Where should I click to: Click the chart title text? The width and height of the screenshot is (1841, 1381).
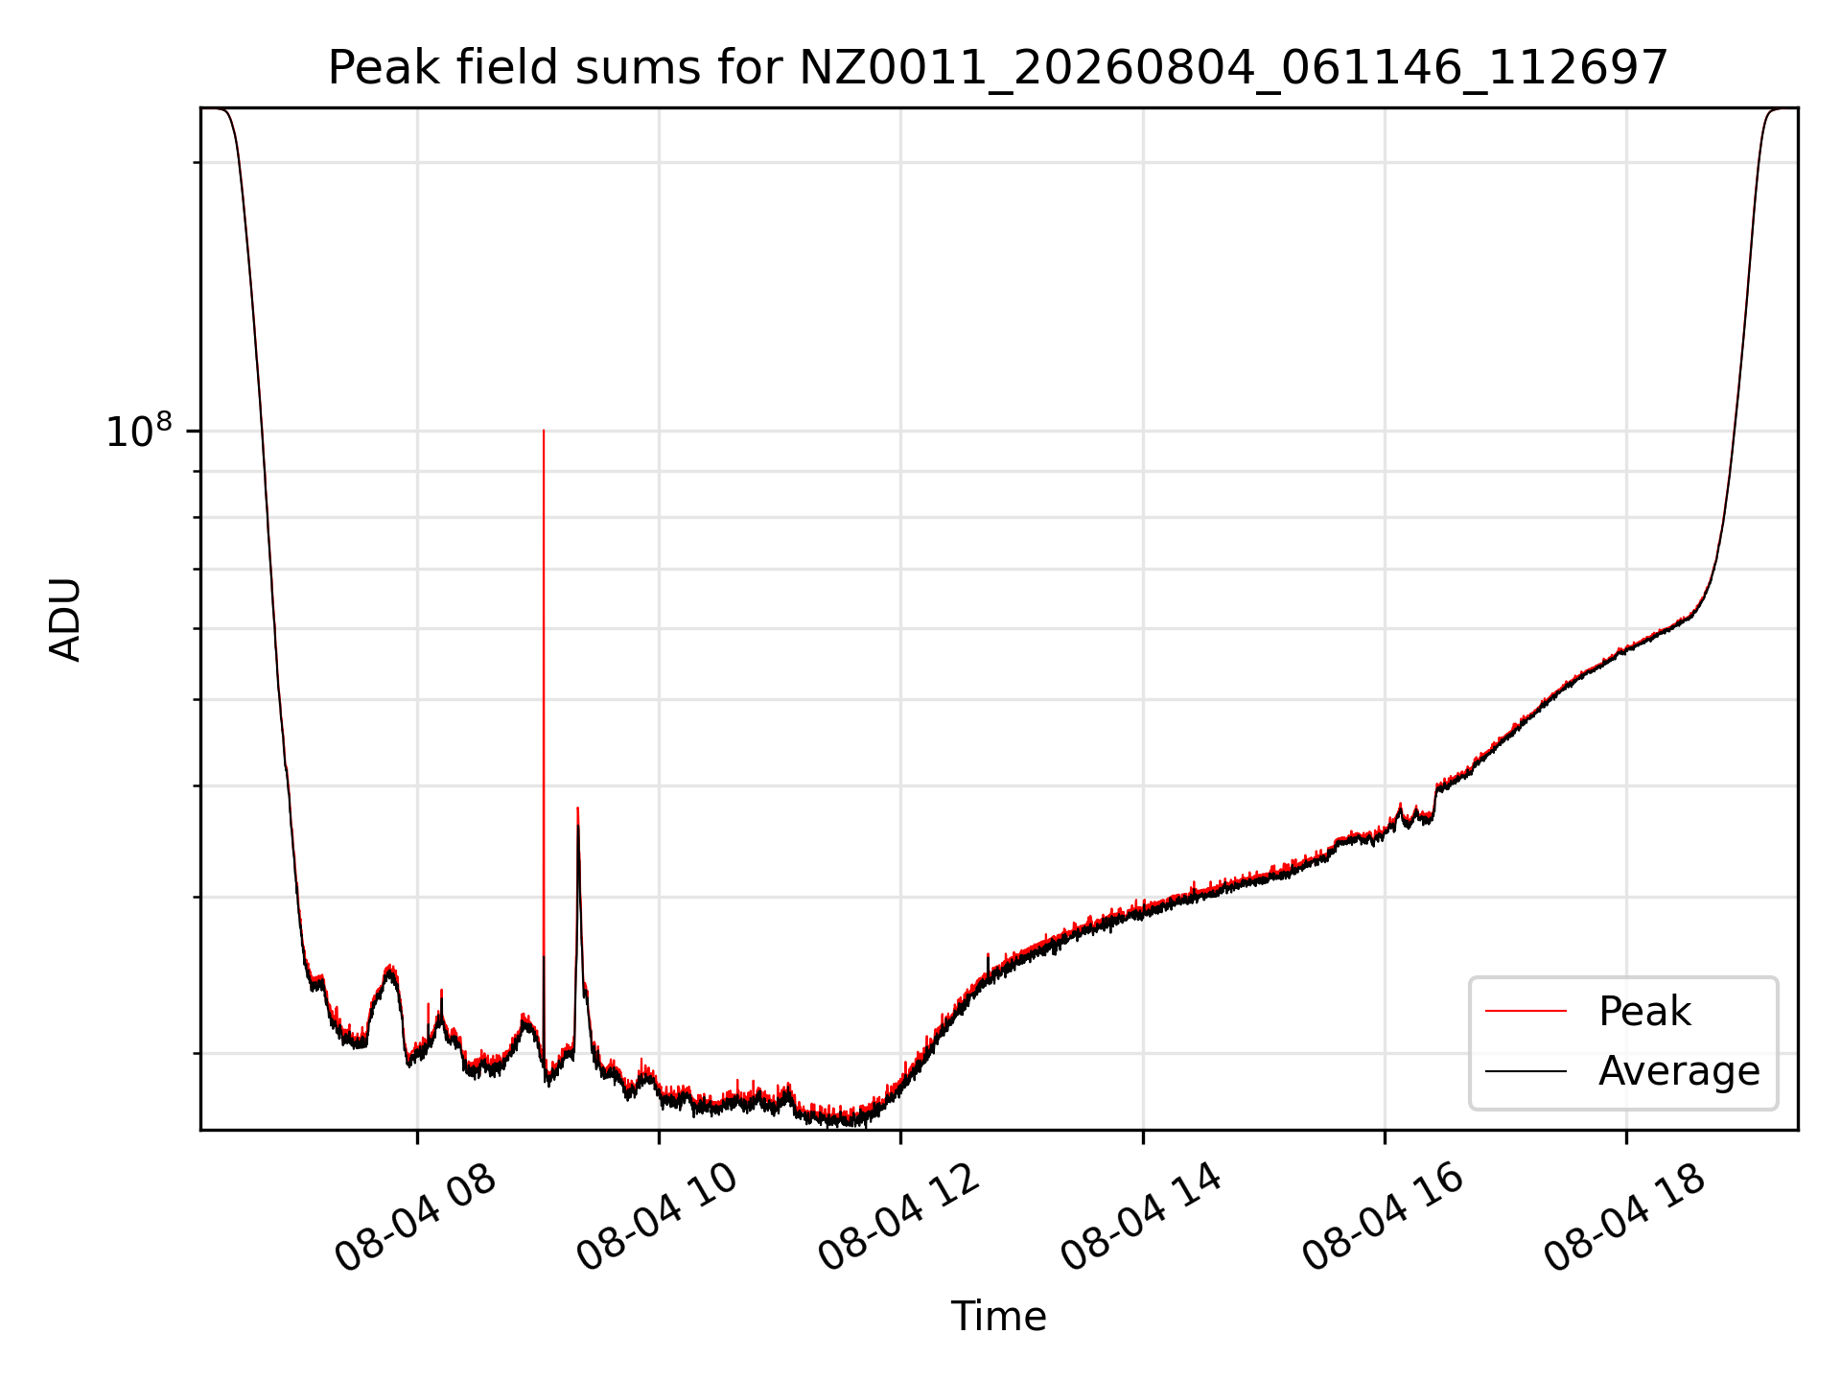coord(998,68)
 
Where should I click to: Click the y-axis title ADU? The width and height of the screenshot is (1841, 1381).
coord(65,620)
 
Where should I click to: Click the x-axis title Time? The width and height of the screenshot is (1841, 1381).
coord(998,1316)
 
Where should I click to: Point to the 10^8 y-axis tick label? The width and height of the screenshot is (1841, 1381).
coord(138,431)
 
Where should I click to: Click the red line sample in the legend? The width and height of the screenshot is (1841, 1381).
coord(1526,1011)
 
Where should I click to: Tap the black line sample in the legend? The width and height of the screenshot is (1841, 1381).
coord(1526,1070)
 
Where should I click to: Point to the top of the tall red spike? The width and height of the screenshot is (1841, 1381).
coord(544,431)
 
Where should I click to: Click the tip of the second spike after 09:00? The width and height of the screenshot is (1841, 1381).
coord(577,808)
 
